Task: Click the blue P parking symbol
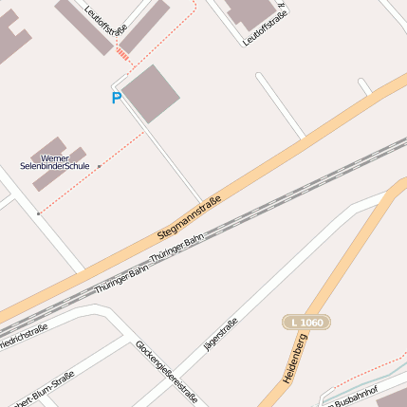[x=117, y=98]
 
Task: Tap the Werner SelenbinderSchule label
[x=55, y=162]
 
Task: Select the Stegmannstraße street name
[x=188, y=217]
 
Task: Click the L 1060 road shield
[x=306, y=323]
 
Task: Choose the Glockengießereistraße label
[x=166, y=372]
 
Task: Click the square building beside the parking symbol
[x=150, y=93]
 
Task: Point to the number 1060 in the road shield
[x=311, y=323]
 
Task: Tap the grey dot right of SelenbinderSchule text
[x=99, y=166]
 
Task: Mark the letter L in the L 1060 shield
[x=294, y=323]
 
